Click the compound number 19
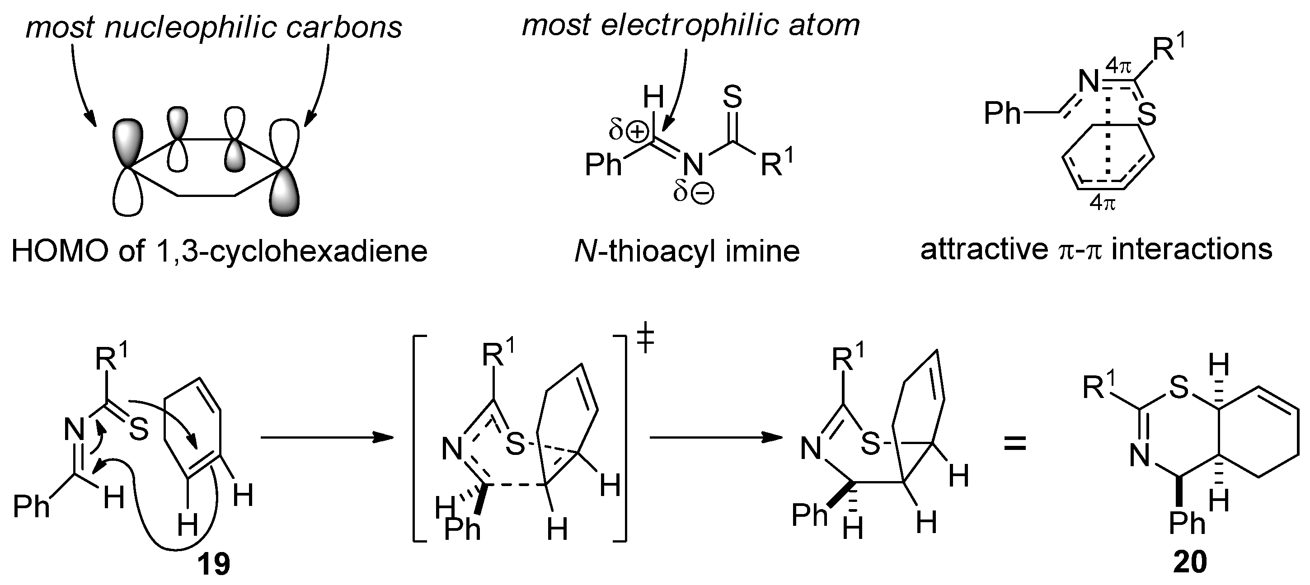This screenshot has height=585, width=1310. pos(214,564)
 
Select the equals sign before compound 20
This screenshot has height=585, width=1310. pos(1015,444)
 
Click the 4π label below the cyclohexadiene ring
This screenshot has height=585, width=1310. pos(1103,204)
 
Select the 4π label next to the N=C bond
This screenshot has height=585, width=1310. pos(1119,66)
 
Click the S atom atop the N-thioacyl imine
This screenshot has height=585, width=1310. pos(732,97)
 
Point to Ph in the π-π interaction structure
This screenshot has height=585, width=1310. pos(1002,113)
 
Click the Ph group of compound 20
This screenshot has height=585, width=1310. pos(1188,524)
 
